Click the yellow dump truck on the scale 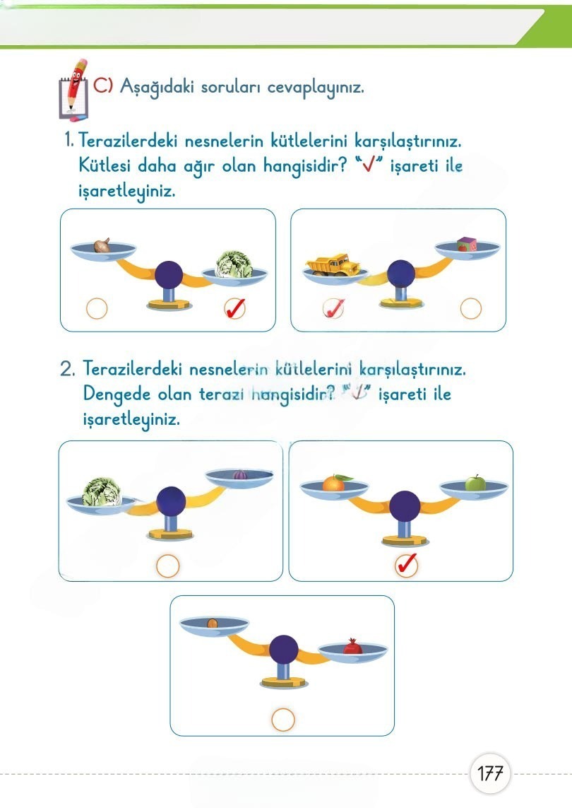pyautogui.click(x=333, y=264)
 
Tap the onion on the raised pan pyautogui.click(x=102, y=245)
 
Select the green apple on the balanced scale pyautogui.click(x=475, y=484)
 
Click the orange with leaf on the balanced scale pyautogui.click(x=333, y=483)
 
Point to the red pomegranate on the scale pyautogui.click(x=351, y=647)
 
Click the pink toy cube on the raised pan pyautogui.click(x=466, y=245)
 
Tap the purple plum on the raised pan pyautogui.click(x=238, y=474)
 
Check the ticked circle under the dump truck pyautogui.click(x=333, y=309)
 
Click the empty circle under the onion pyautogui.click(x=96, y=309)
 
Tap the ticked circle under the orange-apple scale pyautogui.click(x=406, y=565)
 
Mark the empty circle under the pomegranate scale pyautogui.click(x=282, y=720)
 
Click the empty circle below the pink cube pyautogui.click(x=470, y=309)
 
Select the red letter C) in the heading pyautogui.click(x=103, y=86)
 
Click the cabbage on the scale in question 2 pyautogui.click(x=102, y=491)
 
